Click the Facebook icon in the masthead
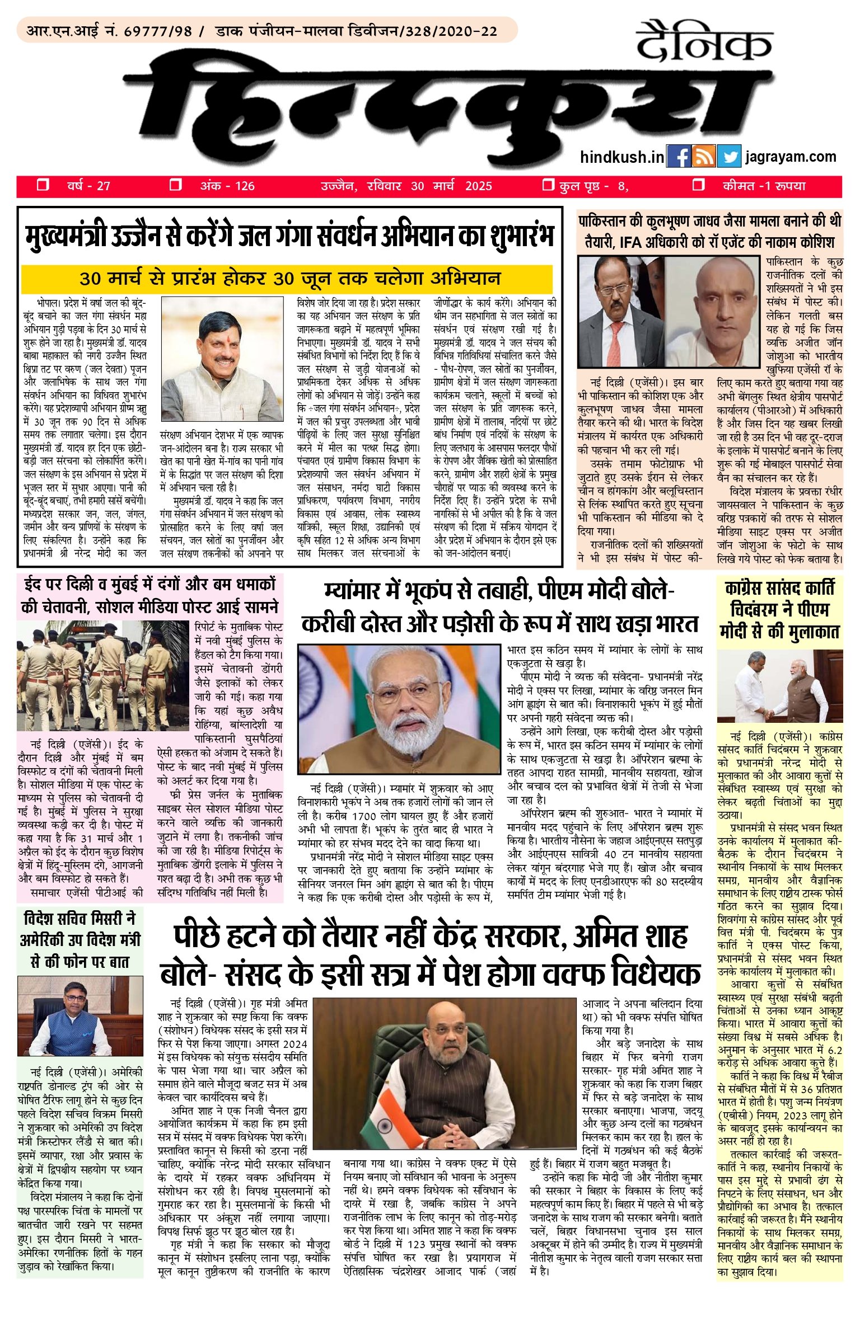(679, 157)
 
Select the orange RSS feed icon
(704, 157)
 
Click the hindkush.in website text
(621, 157)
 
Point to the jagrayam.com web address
(791, 157)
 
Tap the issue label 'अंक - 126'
(227, 186)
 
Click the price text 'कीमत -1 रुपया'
(763, 186)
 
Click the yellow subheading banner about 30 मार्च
(287, 278)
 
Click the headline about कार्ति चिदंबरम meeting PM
(779, 610)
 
